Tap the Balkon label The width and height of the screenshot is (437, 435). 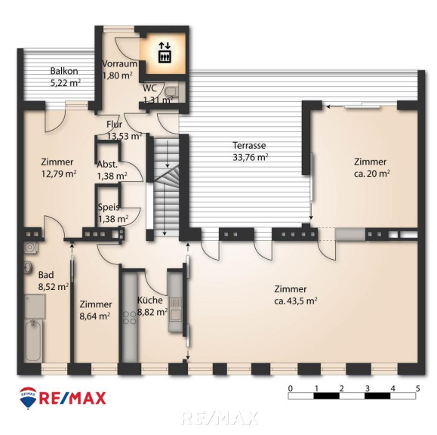click(64, 71)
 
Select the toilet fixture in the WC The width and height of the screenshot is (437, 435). click(171, 91)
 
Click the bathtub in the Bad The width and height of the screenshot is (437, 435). click(33, 341)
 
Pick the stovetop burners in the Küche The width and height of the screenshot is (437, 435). click(130, 318)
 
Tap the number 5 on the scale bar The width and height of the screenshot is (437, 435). click(417, 388)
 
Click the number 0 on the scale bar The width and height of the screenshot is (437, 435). click(291, 388)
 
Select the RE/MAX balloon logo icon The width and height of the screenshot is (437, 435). click(28, 398)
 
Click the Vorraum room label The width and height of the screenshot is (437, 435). click(119, 63)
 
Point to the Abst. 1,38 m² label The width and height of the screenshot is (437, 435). click(112, 170)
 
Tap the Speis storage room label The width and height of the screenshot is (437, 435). click(109, 207)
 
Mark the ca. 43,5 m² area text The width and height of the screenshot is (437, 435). click(295, 301)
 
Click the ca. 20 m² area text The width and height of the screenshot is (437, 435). click(371, 174)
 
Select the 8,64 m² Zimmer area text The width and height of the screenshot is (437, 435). click(95, 316)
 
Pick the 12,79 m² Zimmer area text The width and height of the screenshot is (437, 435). click(59, 174)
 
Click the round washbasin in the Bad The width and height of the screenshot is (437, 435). click(28, 267)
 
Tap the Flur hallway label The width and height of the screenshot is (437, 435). click(114, 125)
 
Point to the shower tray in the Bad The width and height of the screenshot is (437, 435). click(35, 307)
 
